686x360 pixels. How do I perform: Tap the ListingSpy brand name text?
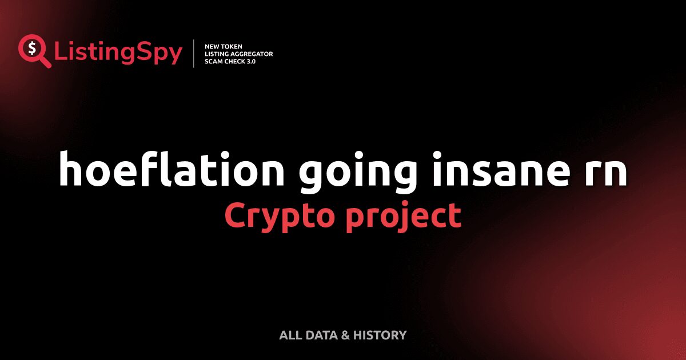pyautogui.click(x=118, y=53)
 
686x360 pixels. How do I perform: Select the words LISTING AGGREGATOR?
pyautogui.click(x=238, y=54)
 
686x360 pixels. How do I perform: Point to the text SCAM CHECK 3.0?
pyautogui.click(x=230, y=61)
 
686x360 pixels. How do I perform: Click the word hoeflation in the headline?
pyautogui.click(x=170, y=169)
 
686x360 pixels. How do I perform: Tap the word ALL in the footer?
pyautogui.click(x=290, y=335)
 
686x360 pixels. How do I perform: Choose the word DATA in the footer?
pyautogui.click(x=321, y=335)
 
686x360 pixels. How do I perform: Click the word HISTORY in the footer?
pyautogui.click(x=380, y=335)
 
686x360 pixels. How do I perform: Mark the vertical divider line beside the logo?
pyautogui.click(x=194, y=54)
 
